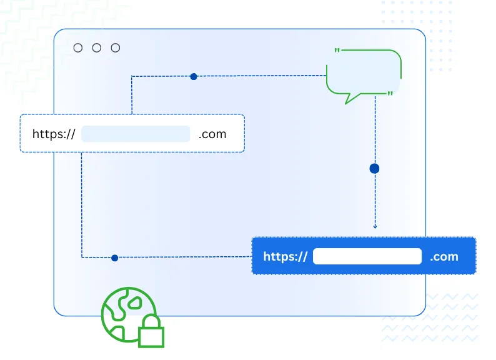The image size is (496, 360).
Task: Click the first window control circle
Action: [x=78, y=48]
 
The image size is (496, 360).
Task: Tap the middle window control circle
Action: [x=97, y=48]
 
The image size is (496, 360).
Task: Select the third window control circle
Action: [x=116, y=48]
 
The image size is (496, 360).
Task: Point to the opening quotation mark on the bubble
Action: [x=337, y=51]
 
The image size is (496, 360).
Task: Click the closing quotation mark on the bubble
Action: [x=390, y=94]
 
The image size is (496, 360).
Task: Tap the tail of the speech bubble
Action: [x=353, y=97]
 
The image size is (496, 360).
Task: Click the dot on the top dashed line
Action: [x=194, y=77]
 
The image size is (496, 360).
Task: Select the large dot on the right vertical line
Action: [x=375, y=169]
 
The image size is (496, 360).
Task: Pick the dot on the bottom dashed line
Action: [x=114, y=257]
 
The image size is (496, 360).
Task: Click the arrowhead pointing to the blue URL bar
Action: [x=375, y=226]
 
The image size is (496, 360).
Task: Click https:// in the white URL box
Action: [x=54, y=134]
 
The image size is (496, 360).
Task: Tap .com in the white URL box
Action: [x=212, y=134]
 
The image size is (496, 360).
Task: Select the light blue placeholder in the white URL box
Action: [x=136, y=134]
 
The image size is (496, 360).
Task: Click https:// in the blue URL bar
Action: [x=285, y=256]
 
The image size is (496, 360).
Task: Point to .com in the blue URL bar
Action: [x=444, y=256]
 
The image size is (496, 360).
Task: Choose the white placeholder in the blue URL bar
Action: [x=367, y=256]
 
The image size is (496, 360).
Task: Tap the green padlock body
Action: [x=151, y=336]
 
